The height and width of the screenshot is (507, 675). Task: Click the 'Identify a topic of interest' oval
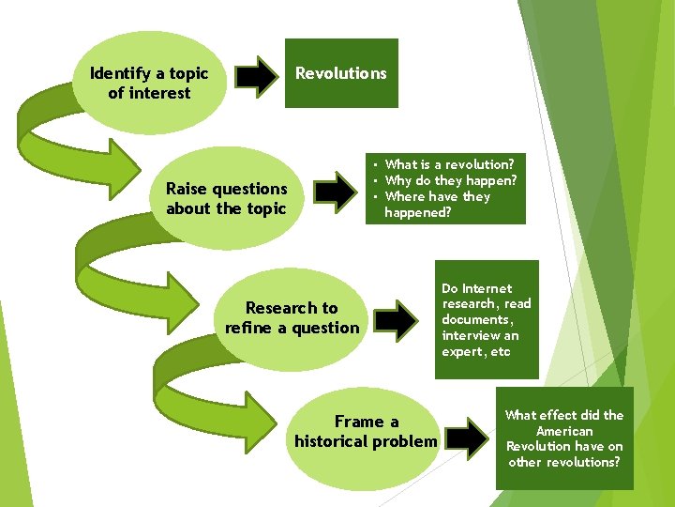pyautogui.click(x=148, y=83)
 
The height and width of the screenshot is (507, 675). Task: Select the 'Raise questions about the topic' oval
pyautogui.click(x=225, y=198)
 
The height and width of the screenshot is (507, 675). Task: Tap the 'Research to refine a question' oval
pyautogui.click(x=292, y=317)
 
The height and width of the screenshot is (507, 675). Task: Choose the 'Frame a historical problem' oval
pyautogui.click(x=366, y=432)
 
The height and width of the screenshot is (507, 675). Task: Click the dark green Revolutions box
pyautogui.click(x=341, y=73)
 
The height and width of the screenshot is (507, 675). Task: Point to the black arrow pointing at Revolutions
pyautogui.click(x=255, y=76)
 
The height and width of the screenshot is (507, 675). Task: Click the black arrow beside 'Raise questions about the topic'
pyautogui.click(x=336, y=191)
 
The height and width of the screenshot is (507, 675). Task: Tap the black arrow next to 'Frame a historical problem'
pyautogui.click(x=467, y=434)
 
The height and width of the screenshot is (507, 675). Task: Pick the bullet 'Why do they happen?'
pyautogui.click(x=451, y=180)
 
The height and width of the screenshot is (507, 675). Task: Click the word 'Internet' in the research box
pyautogui.click(x=488, y=288)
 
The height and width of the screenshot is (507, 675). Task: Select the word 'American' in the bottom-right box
pyautogui.click(x=564, y=431)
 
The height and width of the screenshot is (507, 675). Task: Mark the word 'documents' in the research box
pyautogui.click(x=477, y=320)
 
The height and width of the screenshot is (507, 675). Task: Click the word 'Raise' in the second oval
pyautogui.click(x=186, y=189)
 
